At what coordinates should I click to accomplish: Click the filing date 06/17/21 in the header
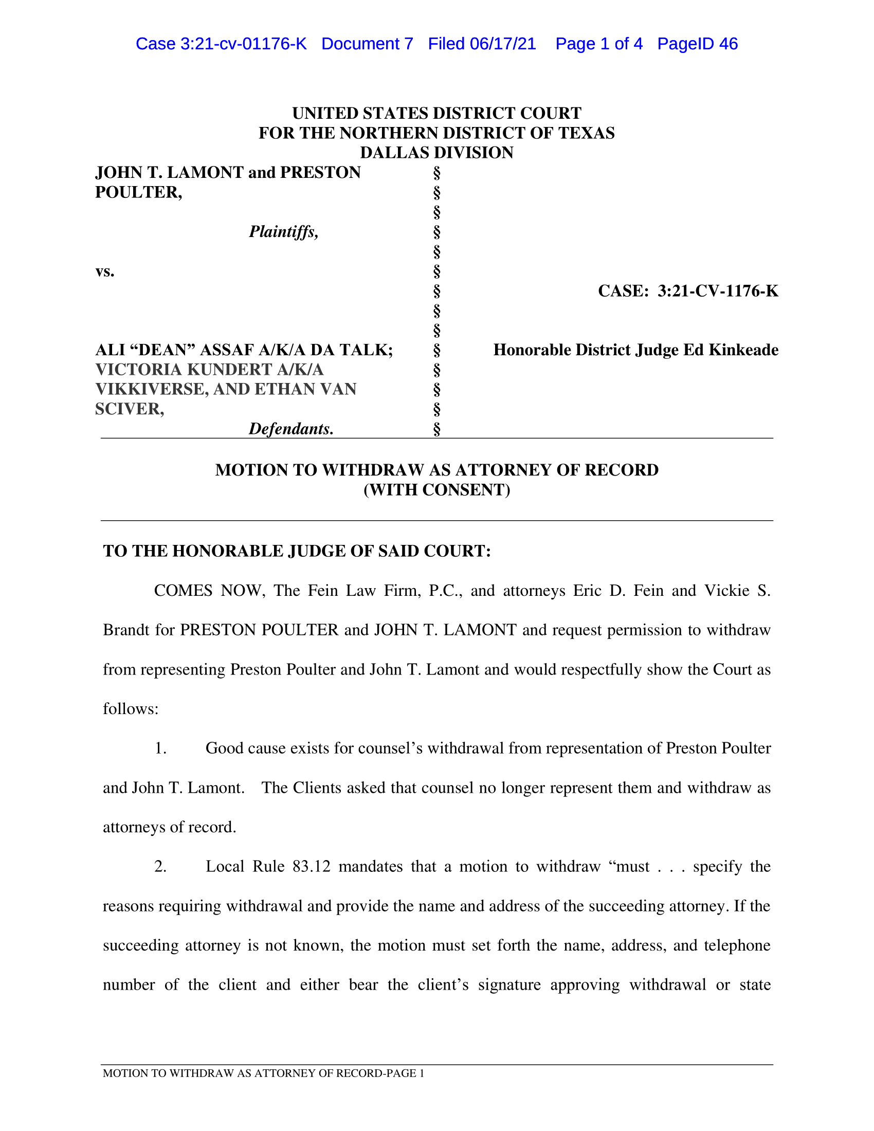(x=503, y=44)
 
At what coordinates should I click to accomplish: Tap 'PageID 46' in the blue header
(x=698, y=44)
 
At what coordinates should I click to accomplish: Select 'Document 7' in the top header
(x=367, y=44)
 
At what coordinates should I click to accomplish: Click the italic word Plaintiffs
(x=283, y=231)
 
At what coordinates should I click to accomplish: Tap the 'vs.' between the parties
(x=104, y=271)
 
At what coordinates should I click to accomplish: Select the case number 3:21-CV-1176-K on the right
(x=718, y=291)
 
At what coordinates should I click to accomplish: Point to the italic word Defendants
(x=291, y=429)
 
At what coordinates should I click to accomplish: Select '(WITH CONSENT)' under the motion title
(x=436, y=490)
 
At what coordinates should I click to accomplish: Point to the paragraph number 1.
(x=160, y=749)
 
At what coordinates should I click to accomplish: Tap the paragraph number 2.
(x=160, y=866)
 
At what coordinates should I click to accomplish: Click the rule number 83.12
(x=311, y=866)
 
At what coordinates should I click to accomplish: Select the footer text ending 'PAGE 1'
(x=264, y=1073)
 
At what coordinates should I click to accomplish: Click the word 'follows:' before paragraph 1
(x=131, y=709)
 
